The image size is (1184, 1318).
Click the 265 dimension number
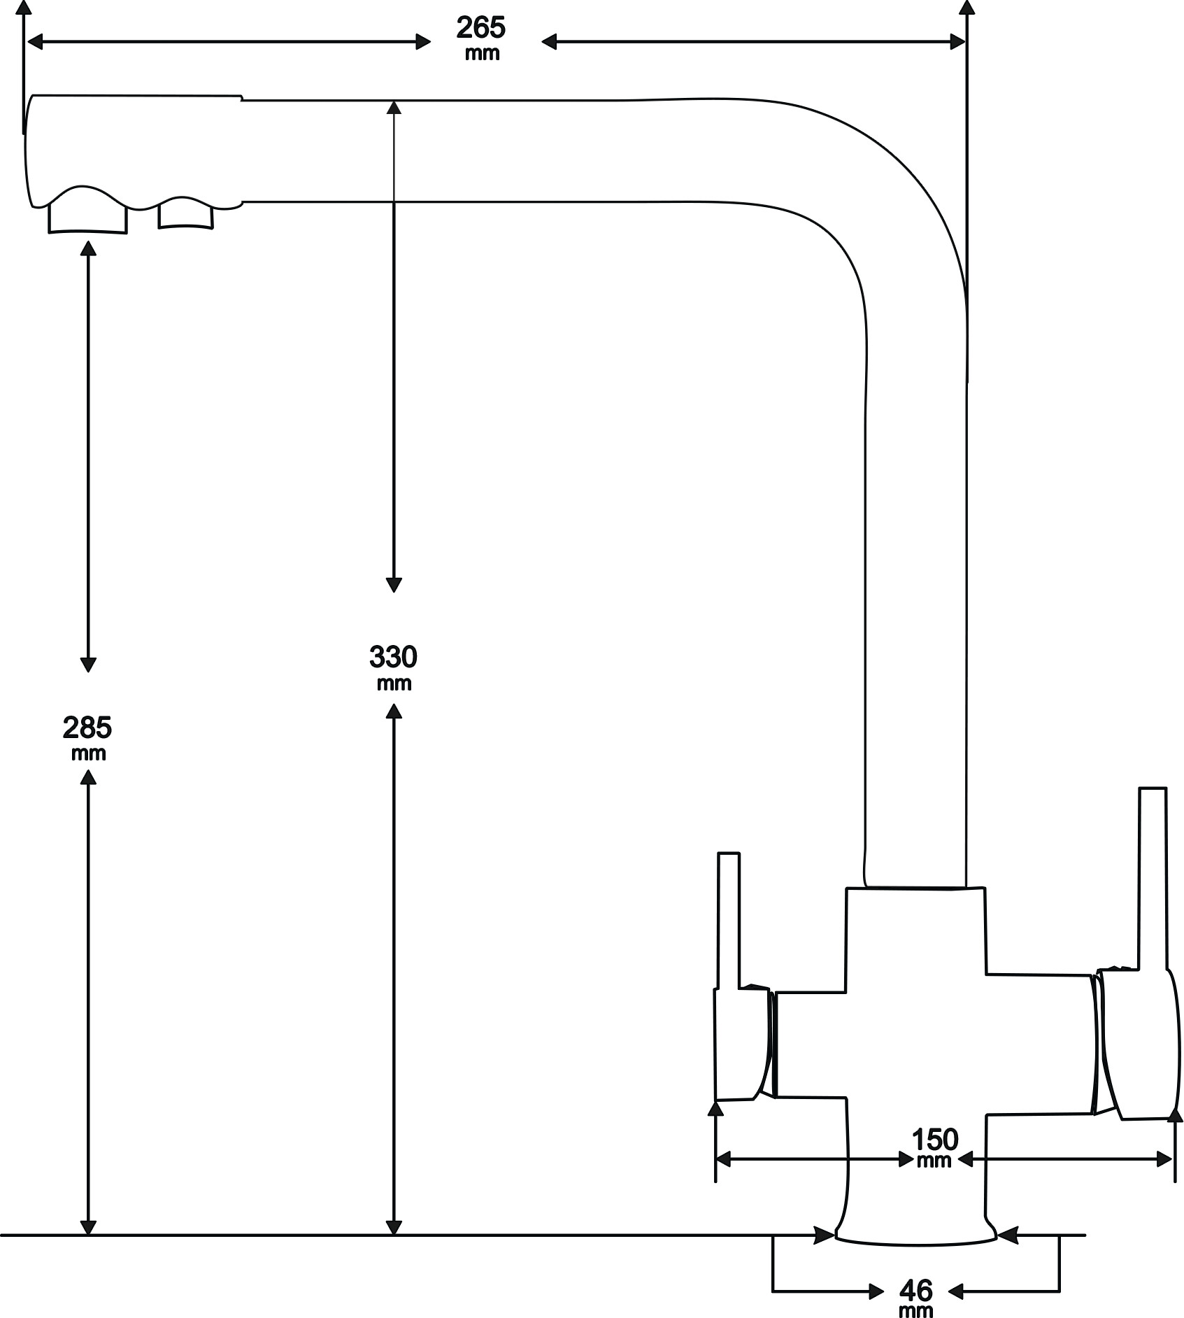click(x=480, y=28)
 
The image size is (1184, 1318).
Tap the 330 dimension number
click(x=393, y=657)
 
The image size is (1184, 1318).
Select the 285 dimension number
click(x=87, y=728)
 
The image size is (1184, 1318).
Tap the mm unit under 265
click(x=482, y=53)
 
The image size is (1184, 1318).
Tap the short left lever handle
click(x=729, y=920)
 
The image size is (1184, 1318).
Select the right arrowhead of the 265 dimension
click(x=957, y=42)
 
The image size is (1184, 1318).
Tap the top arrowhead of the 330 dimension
click(x=394, y=109)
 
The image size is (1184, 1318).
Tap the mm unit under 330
click(x=394, y=683)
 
